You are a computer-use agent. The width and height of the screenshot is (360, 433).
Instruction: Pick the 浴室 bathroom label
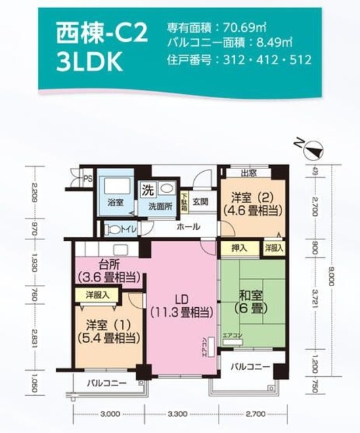115,202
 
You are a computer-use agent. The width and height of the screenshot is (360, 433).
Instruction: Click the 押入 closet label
239,248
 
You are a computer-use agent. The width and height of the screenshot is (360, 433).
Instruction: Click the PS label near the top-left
87,179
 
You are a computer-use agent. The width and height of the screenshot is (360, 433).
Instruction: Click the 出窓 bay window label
248,172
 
